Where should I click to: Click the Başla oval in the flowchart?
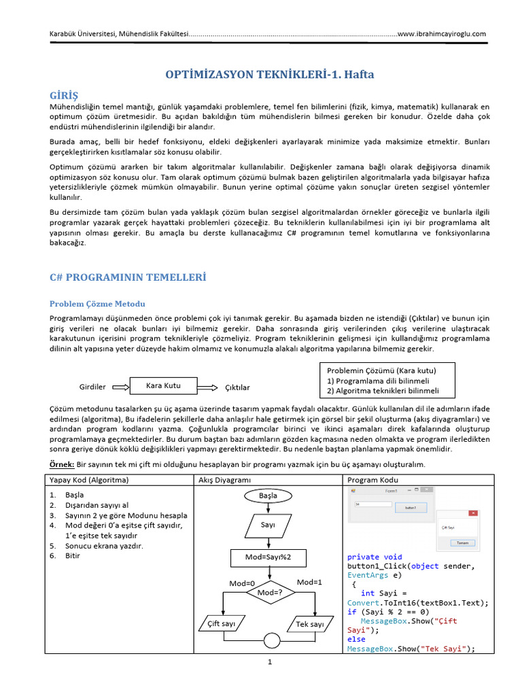point(268,495)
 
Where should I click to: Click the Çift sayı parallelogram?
point(221,623)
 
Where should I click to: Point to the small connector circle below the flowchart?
point(271,640)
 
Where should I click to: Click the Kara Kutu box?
point(163,385)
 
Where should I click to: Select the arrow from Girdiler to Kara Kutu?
point(120,386)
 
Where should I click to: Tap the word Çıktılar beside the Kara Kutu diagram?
point(237,387)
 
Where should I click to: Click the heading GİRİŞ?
point(64,94)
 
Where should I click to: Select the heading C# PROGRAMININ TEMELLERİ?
point(127,277)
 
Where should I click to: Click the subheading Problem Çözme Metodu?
point(97,304)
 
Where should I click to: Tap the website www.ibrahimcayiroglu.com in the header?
point(442,33)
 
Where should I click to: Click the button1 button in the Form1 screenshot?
point(410,507)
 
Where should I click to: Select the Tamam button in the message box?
point(462,542)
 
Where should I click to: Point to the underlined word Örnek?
point(63,464)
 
